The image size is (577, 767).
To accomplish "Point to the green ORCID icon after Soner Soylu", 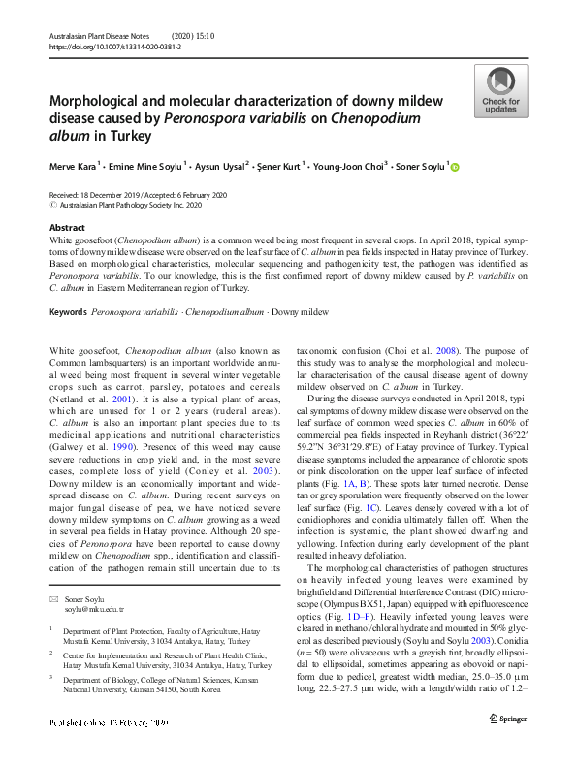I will pyautogui.click(x=455, y=166).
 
